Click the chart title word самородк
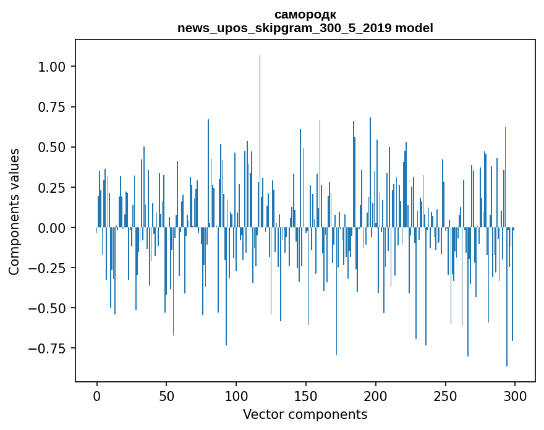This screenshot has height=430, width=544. click(x=305, y=14)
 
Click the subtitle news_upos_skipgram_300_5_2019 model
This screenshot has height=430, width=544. click(x=305, y=28)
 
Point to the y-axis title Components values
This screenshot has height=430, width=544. click(x=14, y=211)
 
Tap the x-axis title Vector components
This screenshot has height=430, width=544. click(x=305, y=415)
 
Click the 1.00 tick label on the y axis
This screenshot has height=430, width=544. click(x=56, y=67)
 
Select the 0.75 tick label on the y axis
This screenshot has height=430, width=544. click(x=56, y=107)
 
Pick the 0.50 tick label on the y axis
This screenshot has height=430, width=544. click(x=56, y=147)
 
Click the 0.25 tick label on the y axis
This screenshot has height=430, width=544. click(x=56, y=187)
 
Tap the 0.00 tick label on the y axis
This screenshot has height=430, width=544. click(x=56, y=227)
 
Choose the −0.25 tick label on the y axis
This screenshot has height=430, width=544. click(x=51, y=268)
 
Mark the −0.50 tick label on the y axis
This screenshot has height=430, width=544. click(x=51, y=308)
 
